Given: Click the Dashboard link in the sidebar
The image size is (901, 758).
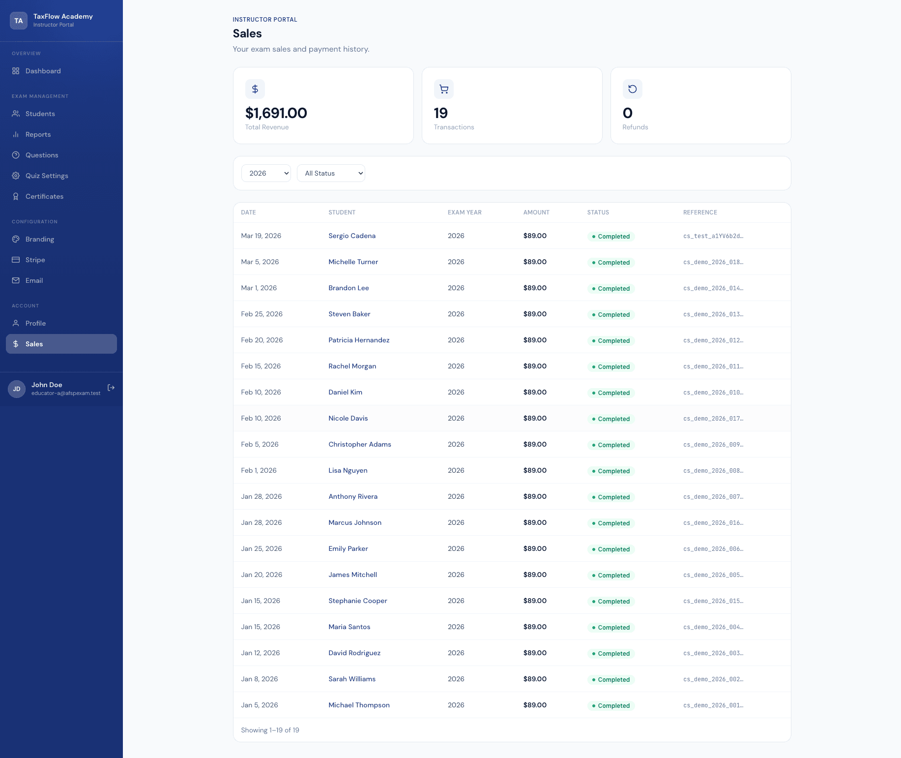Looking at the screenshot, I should click(x=43, y=71).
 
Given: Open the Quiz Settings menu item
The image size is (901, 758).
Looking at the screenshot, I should click(x=47, y=176).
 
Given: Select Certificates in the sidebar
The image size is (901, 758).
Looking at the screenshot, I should click(x=44, y=196).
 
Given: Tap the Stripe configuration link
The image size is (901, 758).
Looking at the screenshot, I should click(x=35, y=260).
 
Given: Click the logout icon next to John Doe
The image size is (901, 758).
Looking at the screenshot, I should click(x=111, y=388).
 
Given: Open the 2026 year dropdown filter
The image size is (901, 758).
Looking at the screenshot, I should click(x=266, y=173).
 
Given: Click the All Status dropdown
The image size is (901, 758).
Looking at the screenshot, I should click(x=331, y=173).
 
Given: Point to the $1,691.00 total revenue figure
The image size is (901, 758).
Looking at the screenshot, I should click(x=276, y=113).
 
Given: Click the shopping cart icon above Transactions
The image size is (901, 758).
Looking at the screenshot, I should click(x=444, y=89).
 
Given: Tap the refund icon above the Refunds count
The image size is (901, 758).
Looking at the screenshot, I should click(x=633, y=89).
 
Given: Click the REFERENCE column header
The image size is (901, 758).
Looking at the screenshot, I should click(x=700, y=212).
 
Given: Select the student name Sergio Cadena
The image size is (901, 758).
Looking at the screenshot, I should click(x=352, y=236).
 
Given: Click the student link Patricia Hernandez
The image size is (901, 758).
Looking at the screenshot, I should click(x=359, y=340).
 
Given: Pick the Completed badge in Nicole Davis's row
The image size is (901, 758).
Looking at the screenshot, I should click(x=611, y=419).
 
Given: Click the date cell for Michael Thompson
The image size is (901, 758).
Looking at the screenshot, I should click(x=260, y=705).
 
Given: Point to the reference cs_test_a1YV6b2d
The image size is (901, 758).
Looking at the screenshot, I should click(x=713, y=236).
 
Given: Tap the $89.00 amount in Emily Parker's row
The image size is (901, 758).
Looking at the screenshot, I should click(x=535, y=548).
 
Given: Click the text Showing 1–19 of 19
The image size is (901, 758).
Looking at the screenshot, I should click(x=270, y=730).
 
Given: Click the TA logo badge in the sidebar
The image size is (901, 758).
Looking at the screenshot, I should click(x=19, y=21).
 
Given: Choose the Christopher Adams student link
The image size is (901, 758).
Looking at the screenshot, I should click(x=360, y=444).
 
